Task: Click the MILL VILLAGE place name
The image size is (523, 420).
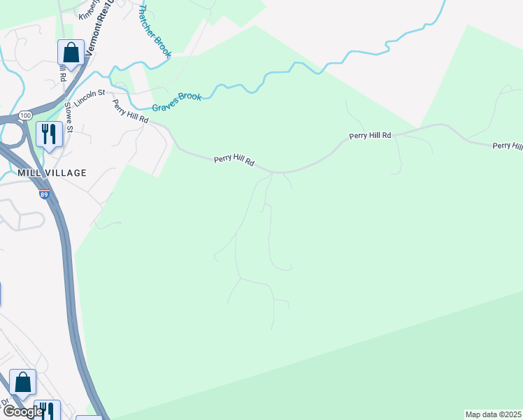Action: pos(53,172)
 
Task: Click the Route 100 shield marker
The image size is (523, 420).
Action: pos(25,114)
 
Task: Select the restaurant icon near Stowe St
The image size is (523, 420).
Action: pos(49,134)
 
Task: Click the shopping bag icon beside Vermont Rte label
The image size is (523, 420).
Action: pos(71,52)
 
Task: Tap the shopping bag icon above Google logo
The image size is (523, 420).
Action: pos(22,383)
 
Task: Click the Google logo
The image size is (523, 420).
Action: pos(22,412)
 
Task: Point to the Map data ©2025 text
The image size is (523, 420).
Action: pos(493,414)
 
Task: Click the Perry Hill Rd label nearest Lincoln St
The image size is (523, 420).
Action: pos(131,111)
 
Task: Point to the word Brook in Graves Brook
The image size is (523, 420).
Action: pos(190,97)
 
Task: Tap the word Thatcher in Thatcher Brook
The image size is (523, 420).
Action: pos(150,21)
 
